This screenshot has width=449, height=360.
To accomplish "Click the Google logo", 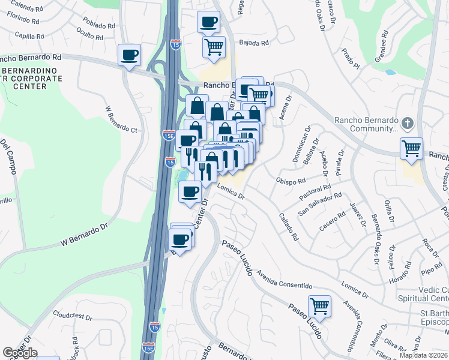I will [x=19, y=353].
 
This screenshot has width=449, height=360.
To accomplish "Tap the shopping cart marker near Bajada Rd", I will [x=214, y=46].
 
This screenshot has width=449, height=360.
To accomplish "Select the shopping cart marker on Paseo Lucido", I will [x=319, y=306].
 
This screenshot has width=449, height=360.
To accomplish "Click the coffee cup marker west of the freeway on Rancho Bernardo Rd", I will [x=129, y=55].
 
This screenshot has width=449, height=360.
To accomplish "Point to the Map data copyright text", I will [x=423, y=355].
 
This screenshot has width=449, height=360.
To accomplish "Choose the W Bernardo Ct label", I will [x=121, y=120].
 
